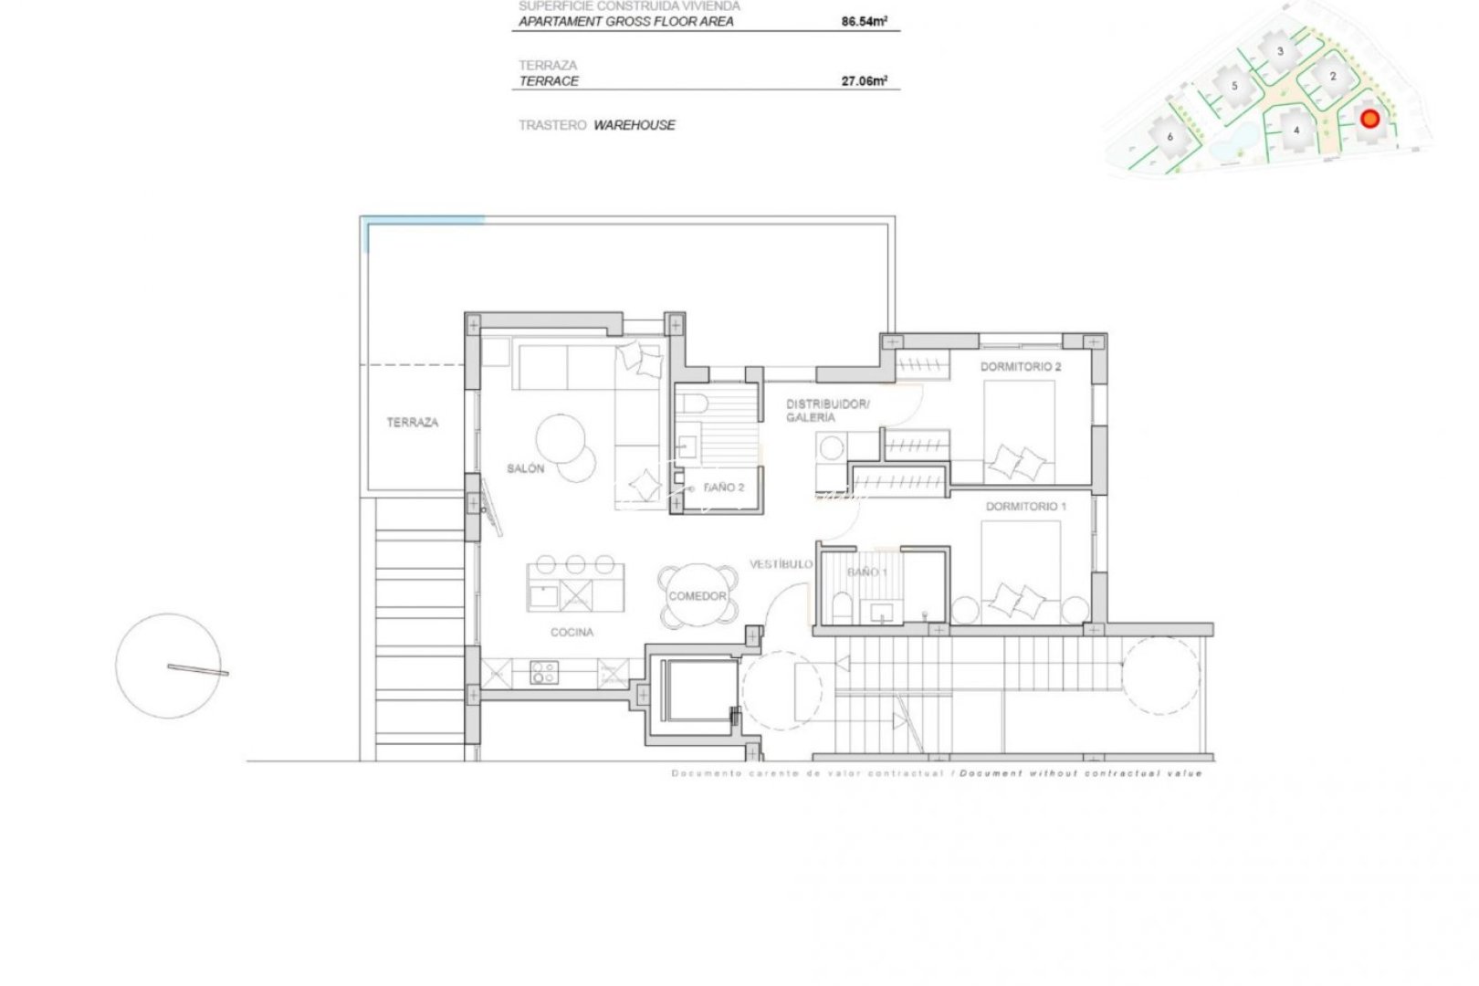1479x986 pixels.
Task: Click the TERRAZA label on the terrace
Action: (x=412, y=423)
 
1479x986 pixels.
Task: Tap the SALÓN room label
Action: (x=525, y=468)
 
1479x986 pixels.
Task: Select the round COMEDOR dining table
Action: (x=698, y=595)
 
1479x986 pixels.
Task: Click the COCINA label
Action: (x=572, y=632)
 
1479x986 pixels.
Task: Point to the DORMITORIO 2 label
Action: (x=1020, y=367)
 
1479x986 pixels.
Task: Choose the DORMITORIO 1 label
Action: (x=1025, y=506)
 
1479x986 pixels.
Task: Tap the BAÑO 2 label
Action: (x=724, y=488)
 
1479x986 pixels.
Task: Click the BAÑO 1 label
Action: (x=866, y=572)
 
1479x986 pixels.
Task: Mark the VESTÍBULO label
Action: (x=781, y=564)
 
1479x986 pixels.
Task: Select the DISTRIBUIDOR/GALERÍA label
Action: (x=826, y=410)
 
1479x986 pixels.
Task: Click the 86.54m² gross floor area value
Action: (x=864, y=21)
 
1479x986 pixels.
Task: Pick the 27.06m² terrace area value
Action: (x=864, y=80)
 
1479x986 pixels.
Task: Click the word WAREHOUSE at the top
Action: (x=634, y=125)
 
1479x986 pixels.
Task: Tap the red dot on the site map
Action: (x=1369, y=119)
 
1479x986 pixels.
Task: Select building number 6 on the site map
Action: (x=1170, y=137)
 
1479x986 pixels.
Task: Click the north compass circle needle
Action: (x=197, y=670)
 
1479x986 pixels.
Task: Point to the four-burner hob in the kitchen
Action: (x=544, y=674)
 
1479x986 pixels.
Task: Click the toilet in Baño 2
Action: (x=691, y=403)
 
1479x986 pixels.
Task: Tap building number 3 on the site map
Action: (x=1280, y=51)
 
